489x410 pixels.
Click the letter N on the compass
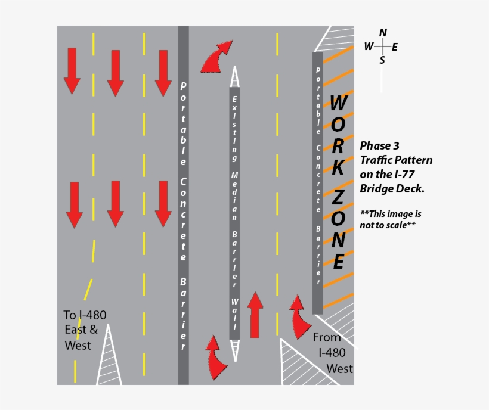pyautogui.click(x=383, y=33)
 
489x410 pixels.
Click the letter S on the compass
pyautogui.click(x=382, y=60)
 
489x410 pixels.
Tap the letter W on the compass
pyautogui.click(x=369, y=46)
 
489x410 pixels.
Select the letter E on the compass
pyautogui.click(x=395, y=46)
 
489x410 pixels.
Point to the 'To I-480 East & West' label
pyautogui.click(x=84, y=330)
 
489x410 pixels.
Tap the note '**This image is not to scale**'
pyautogui.click(x=388, y=219)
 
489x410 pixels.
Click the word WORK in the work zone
pyautogui.click(x=337, y=136)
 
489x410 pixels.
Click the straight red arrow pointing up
pyautogui.click(x=255, y=315)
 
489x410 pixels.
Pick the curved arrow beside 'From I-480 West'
pyautogui.click(x=299, y=316)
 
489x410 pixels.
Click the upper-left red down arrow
pyautogui.click(x=72, y=70)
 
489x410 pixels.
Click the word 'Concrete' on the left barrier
pyautogui.click(x=183, y=220)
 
